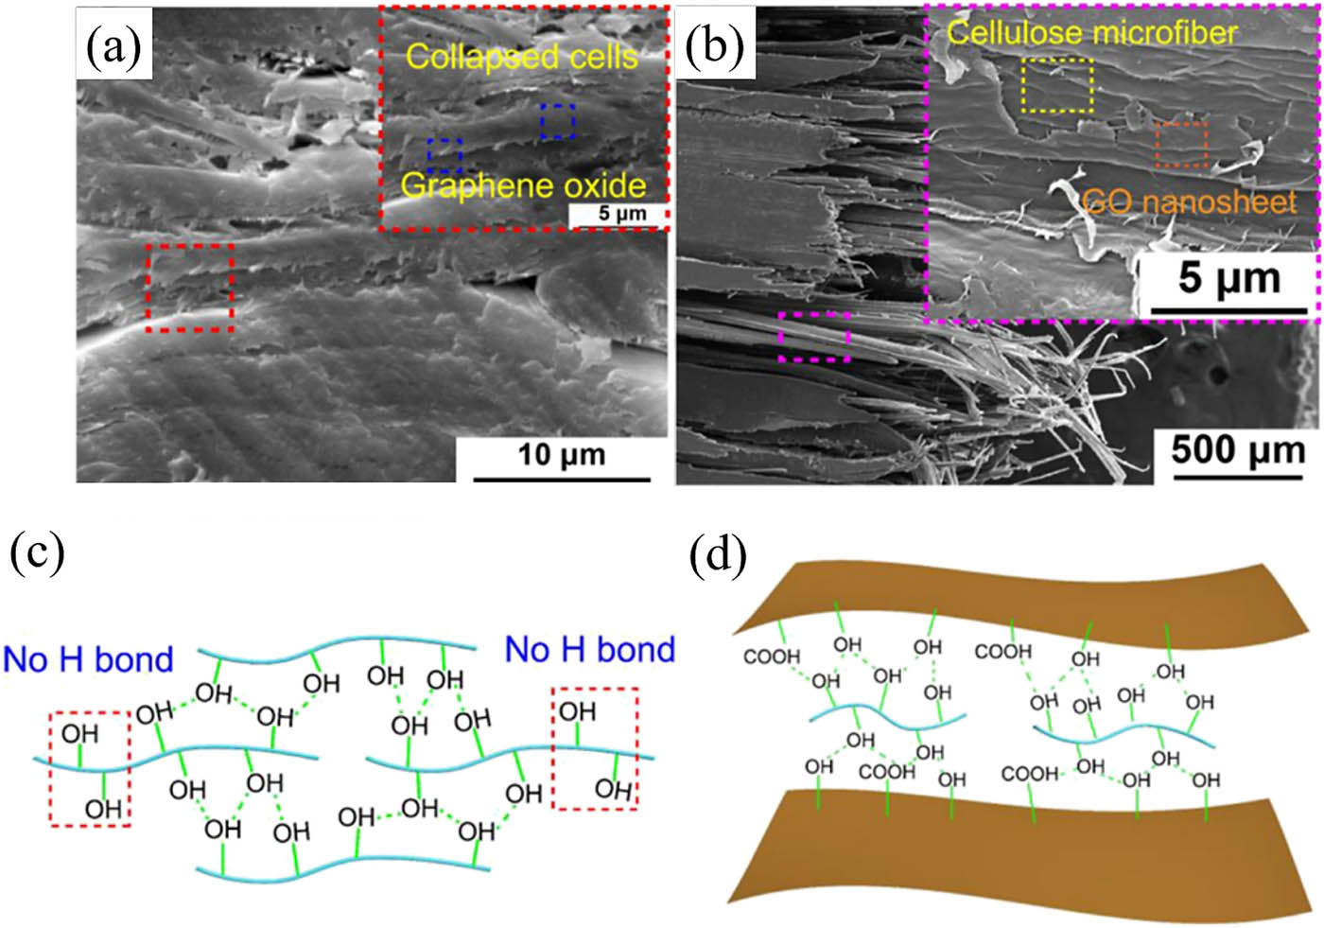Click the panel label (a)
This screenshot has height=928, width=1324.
tap(114, 47)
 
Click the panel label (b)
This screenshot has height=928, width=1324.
tap(715, 44)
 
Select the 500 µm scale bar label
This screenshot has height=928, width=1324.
tap(1238, 450)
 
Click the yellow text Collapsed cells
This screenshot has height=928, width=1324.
tap(522, 58)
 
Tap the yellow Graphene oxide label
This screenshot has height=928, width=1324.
tap(524, 185)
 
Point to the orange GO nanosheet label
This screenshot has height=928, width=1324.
tap(1190, 202)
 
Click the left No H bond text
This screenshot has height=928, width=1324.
tap(88, 659)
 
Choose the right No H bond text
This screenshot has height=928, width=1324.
tap(590, 649)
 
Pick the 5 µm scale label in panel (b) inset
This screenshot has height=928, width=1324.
tap(1229, 278)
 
